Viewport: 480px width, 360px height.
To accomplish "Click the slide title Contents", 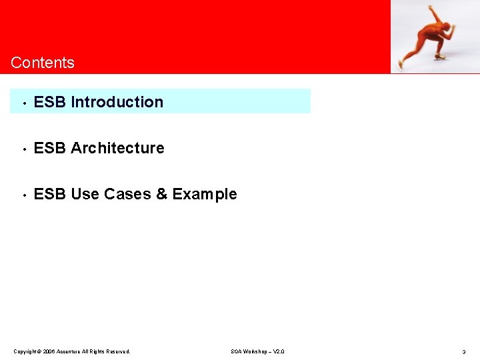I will (43, 63).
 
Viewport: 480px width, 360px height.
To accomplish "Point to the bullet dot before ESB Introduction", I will (23, 103).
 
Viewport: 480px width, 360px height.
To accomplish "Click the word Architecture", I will (117, 148).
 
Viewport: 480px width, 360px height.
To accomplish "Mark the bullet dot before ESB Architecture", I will (23, 149).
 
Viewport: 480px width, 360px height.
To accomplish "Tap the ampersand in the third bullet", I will (162, 194).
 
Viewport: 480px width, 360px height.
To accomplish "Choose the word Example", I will (205, 195).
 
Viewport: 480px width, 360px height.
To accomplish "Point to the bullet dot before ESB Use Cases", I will (23, 195).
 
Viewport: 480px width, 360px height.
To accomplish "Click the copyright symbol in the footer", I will (39, 351).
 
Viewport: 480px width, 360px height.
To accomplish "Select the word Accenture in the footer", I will (69, 351).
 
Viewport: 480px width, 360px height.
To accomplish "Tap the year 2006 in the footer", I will (49, 351).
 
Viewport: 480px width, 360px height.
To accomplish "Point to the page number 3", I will (463, 351).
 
